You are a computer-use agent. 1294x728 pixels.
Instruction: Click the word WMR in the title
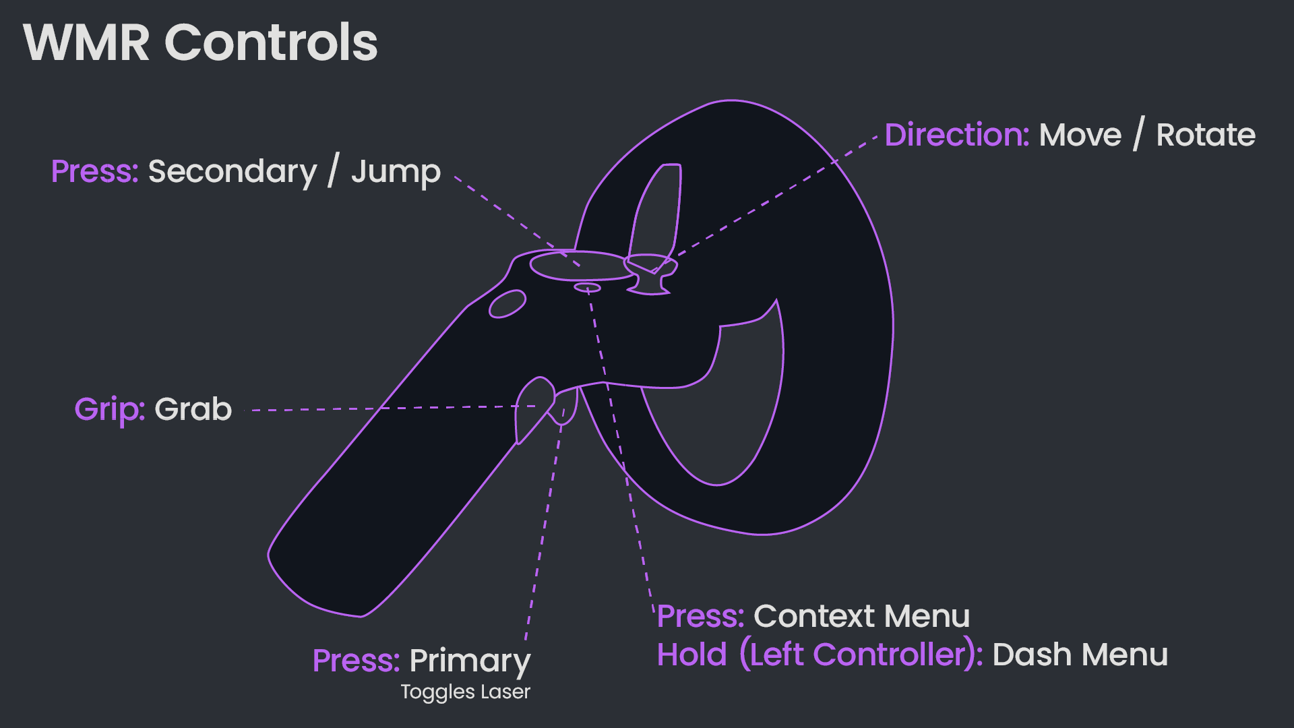(x=86, y=42)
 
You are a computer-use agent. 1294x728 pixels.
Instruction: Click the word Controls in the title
(x=271, y=42)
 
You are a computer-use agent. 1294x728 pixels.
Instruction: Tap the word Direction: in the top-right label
(x=956, y=135)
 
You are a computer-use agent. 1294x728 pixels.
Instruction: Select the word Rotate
(x=1206, y=135)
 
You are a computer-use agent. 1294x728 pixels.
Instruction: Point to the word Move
(x=1080, y=135)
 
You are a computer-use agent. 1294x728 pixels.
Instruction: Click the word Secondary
(x=233, y=172)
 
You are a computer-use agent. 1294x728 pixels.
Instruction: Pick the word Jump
(x=396, y=173)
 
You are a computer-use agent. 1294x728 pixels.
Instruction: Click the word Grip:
(x=110, y=409)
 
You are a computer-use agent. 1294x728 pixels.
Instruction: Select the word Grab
(x=193, y=409)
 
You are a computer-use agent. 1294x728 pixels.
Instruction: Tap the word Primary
(x=470, y=661)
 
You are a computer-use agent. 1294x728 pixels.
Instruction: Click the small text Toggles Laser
(x=465, y=692)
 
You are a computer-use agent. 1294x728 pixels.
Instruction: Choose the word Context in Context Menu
(x=813, y=616)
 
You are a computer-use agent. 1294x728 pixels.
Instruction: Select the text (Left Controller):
(x=861, y=655)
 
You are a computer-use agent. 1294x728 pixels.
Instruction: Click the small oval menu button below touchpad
(x=587, y=288)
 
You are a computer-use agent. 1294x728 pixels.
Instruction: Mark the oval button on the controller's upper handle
(x=507, y=304)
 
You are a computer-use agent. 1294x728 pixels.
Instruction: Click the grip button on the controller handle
(x=532, y=408)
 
